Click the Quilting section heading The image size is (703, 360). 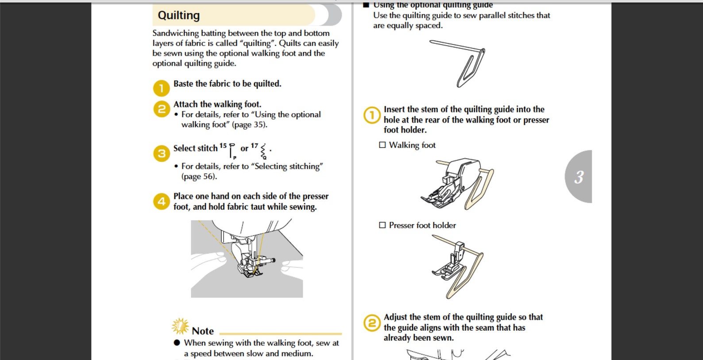178,15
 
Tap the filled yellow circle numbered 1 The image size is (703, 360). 161,88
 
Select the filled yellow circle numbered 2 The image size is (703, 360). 161,109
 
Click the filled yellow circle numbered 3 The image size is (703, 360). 161,154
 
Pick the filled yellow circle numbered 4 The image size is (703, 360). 161,201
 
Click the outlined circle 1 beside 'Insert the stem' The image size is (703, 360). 371,116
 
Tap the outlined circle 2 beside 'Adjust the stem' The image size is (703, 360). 371,323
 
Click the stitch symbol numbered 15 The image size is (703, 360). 232,151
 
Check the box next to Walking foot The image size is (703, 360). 382,145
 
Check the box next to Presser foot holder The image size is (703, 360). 382,225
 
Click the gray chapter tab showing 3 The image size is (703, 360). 578,177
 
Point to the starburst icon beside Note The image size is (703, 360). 180,326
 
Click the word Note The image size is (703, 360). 203,331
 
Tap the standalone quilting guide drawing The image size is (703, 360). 457,64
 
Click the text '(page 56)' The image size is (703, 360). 199,176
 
